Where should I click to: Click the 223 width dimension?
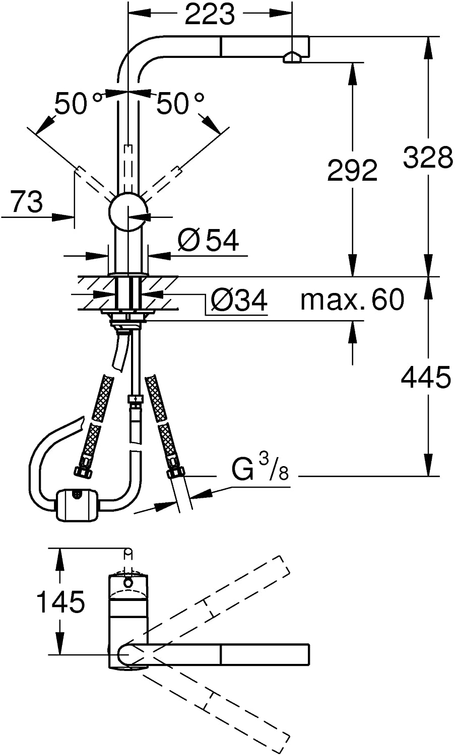[210, 15]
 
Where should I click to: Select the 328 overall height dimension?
[427, 157]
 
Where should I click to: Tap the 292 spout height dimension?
[352, 170]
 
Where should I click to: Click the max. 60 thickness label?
[352, 300]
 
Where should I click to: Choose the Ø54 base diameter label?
[208, 241]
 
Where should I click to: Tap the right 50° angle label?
[180, 104]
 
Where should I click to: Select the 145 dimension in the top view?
[61, 602]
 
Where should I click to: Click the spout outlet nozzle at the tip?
[292, 58]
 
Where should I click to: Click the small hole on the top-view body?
[128, 583]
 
